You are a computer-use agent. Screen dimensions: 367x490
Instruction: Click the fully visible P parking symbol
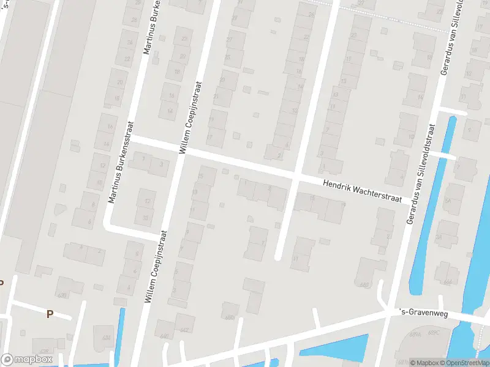click(50, 314)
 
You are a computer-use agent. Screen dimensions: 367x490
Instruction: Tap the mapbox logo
click(26, 360)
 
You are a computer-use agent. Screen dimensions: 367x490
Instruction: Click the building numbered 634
click(106, 337)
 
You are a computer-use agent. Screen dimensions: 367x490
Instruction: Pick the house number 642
click(184, 331)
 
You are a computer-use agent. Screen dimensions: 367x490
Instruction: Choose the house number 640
click(164, 336)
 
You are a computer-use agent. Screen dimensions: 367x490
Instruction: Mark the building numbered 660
click(365, 284)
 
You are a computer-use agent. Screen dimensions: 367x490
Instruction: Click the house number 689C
click(434, 333)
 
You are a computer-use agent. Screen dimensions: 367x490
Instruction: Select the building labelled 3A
click(438, 237)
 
